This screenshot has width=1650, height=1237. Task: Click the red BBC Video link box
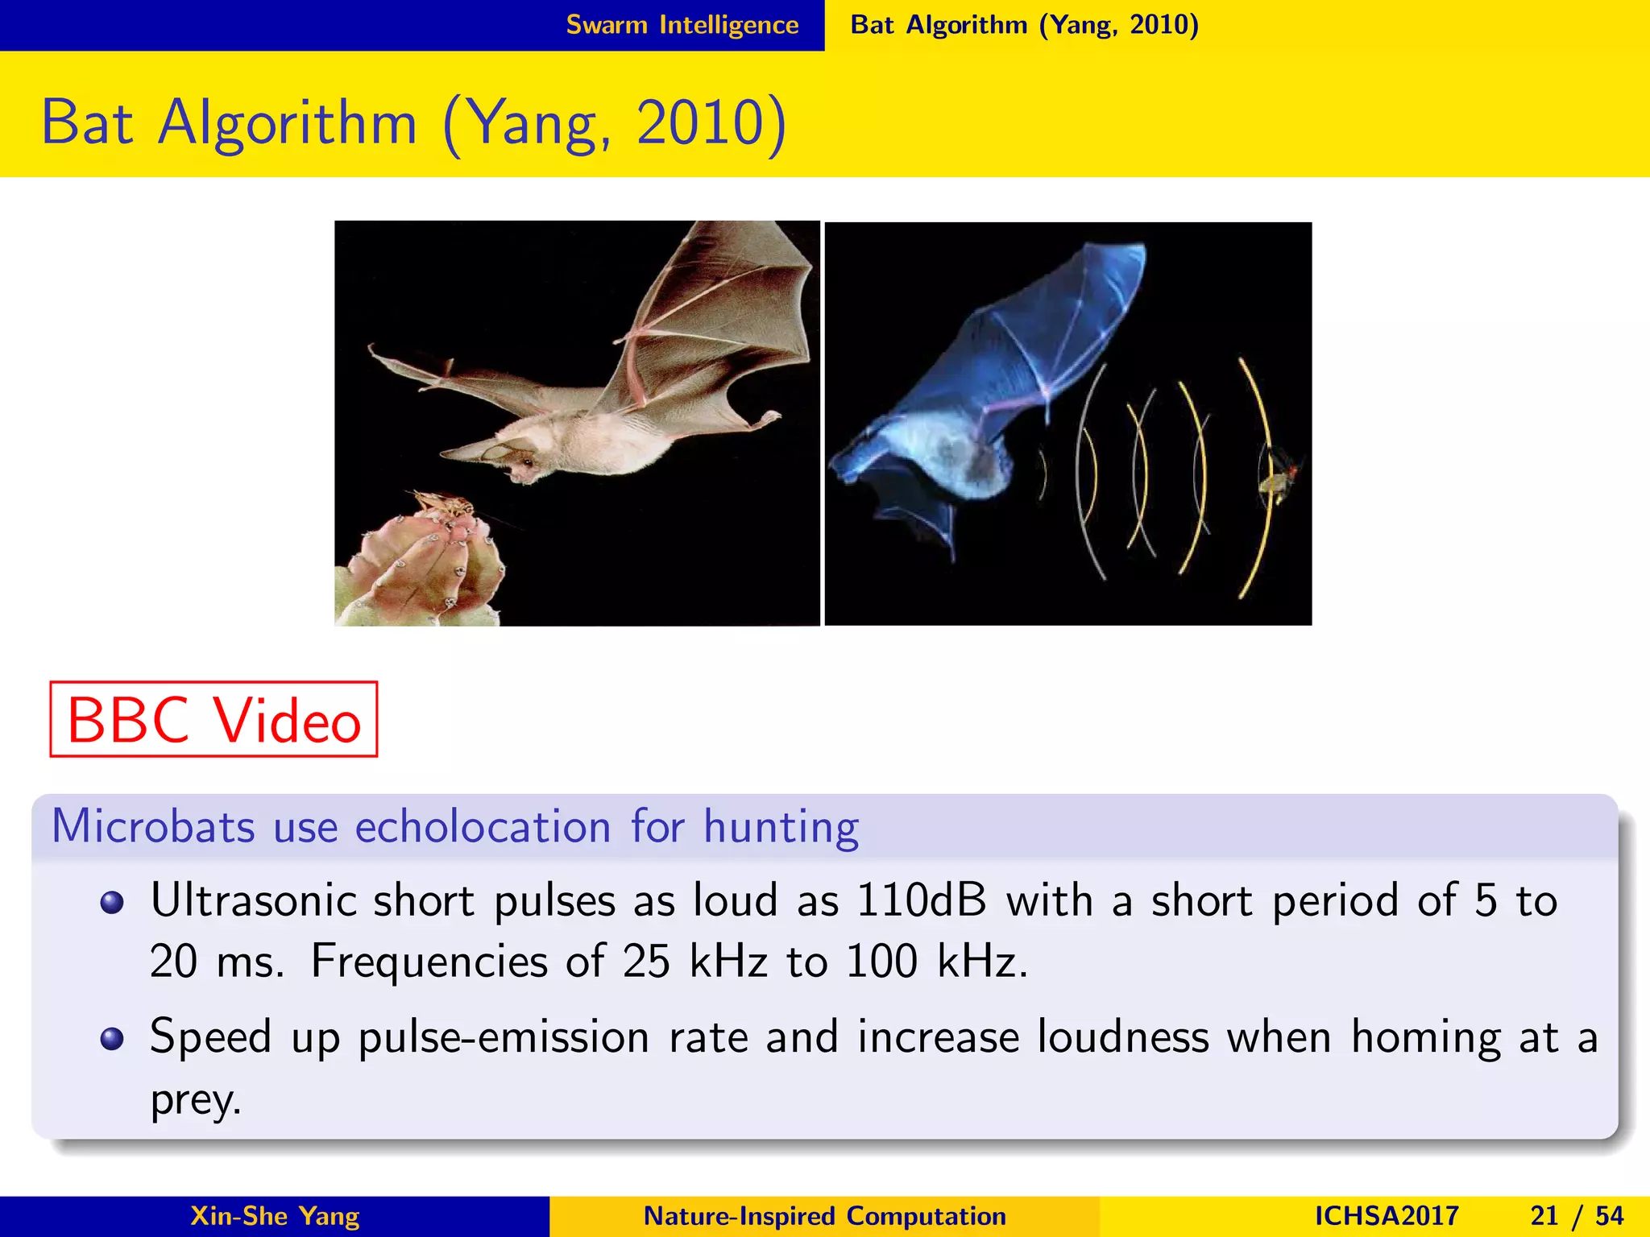pyautogui.click(x=214, y=719)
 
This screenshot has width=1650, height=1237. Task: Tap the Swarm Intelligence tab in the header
pyautogui.click(x=682, y=25)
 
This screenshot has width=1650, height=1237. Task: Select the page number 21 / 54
pyautogui.click(x=1577, y=1215)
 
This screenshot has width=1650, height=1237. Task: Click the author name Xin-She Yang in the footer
pyautogui.click(x=275, y=1215)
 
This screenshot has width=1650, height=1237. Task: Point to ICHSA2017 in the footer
pyautogui.click(x=1386, y=1215)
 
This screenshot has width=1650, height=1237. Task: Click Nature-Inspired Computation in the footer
pyautogui.click(x=825, y=1215)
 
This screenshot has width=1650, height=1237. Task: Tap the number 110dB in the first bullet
pyautogui.click(x=921, y=900)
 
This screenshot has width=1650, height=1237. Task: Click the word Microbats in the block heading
pyautogui.click(x=153, y=826)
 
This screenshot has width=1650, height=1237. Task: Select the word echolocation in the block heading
pyautogui.click(x=483, y=826)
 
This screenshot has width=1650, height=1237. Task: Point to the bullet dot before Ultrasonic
pyautogui.click(x=112, y=902)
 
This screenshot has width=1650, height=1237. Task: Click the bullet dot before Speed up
pyautogui.click(x=112, y=1039)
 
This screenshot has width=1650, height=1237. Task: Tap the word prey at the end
pyautogui.click(x=193, y=1100)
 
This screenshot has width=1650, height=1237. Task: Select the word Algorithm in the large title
pyautogui.click(x=288, y=122)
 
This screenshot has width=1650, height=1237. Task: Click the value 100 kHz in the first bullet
pyautogui.click(x=936, y=961)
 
